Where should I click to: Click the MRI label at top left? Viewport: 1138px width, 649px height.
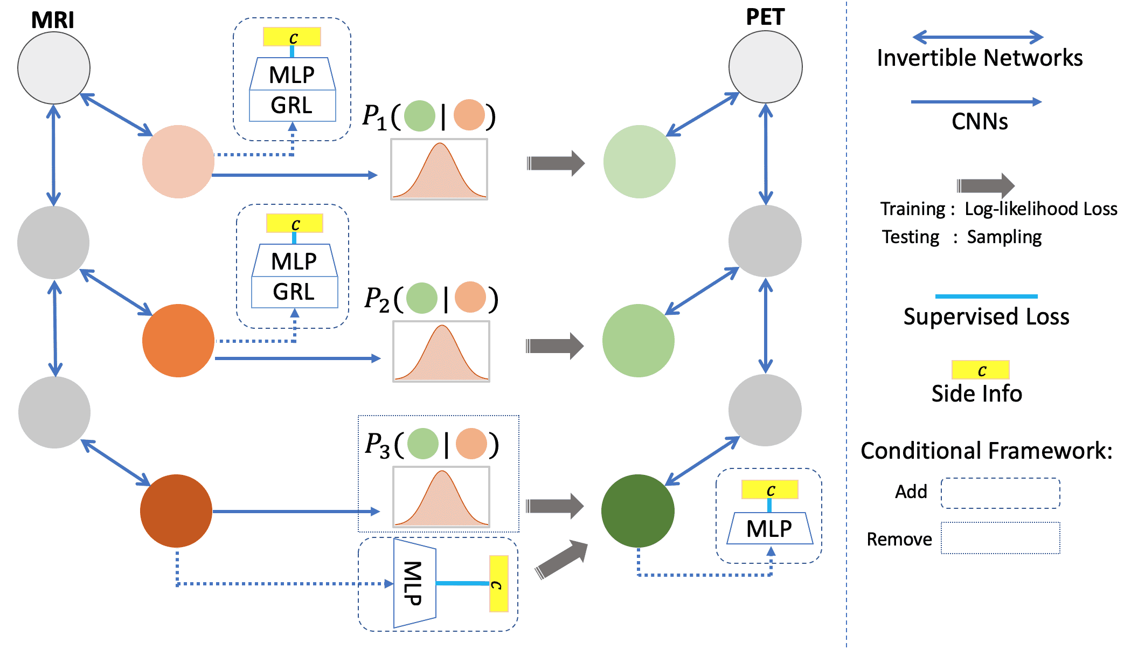click(52, 20)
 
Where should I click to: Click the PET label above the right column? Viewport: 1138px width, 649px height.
click(765, 17)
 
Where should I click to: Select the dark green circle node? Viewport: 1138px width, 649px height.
click(638, 510)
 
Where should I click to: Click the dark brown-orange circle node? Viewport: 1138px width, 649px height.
click(176, 510)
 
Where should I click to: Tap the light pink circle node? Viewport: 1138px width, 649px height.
click(178, 161)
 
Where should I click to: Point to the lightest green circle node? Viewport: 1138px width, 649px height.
click(639, 161)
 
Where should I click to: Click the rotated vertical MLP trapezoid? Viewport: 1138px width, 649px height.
click(414, 583)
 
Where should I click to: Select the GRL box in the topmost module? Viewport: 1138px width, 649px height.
click(293, 106)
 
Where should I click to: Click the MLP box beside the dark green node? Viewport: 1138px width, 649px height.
click(769, 528)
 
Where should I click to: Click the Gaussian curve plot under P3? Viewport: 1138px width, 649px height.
click(441, 496)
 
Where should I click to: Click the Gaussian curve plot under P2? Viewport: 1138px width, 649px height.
click(441, 351)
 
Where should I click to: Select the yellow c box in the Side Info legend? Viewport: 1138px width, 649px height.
click(980, 370)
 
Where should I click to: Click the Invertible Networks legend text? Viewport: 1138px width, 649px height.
click(979, 58)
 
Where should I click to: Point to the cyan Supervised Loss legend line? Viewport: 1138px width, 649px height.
click(986, 296)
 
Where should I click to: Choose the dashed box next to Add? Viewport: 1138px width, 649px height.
click(1000, 493)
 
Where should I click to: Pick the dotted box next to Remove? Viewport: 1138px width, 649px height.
click(1000, 537)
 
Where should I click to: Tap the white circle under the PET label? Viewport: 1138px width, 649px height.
click(765, 67)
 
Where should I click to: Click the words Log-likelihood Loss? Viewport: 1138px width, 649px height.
click(1040, 209)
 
